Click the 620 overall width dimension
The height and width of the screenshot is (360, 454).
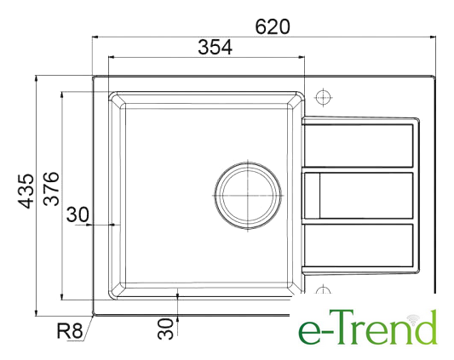(x=273, y=26)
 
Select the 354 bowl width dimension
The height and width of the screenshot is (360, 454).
(x=215, y=47)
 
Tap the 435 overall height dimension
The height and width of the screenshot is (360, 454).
(x=26, y=191)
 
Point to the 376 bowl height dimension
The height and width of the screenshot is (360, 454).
(x=51, y=189)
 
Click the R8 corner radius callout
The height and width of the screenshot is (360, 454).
(x=70, y=330)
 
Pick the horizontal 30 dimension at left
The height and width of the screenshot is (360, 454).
(x=78, y=214)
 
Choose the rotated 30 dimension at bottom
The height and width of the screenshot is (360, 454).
(x=165, y=329)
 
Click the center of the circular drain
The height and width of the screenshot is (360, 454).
(x=248, y=196)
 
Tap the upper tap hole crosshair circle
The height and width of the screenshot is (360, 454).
(x=323, y=97)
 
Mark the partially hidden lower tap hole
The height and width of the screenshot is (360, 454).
(x=323, y=289)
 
